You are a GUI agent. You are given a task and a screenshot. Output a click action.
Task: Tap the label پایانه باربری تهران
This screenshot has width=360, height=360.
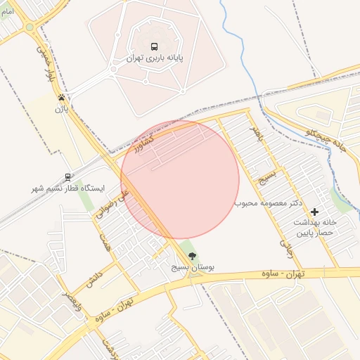155,59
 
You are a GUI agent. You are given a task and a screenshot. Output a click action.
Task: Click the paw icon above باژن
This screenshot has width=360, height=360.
63,98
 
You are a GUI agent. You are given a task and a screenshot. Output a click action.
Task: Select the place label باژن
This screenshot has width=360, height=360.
63,109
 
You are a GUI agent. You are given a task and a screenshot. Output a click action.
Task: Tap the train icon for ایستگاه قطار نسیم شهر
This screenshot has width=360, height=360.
67,177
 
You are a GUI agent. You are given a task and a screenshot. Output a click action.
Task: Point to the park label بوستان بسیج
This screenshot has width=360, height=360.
193,268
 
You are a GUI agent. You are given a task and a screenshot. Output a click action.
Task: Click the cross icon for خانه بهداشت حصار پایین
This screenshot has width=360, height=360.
314,211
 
